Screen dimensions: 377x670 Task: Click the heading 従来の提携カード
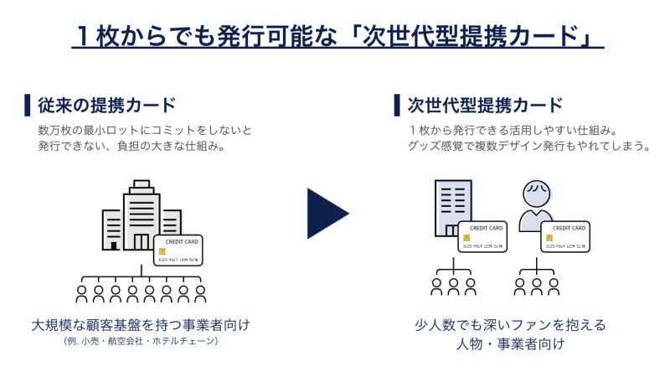[106, 106]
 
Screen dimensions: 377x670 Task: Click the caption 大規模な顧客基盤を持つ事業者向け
[141, 324]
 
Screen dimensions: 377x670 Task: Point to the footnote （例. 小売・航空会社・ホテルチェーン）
[141, 342]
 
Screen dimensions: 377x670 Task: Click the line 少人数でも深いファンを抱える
[509, 324]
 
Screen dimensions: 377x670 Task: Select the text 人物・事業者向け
[509, 344]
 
